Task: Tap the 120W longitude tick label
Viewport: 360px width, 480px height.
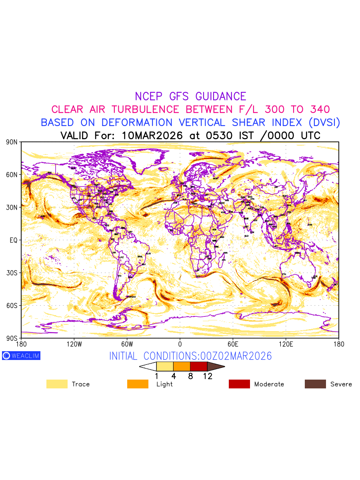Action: [74, 344]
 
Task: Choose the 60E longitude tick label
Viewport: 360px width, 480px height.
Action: [233, 344]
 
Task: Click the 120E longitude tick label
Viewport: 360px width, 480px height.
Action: [286, 344]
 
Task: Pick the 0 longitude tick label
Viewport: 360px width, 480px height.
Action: [180, 344]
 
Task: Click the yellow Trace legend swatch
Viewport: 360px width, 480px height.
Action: [57, 384]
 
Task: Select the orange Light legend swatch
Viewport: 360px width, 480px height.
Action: [138, 384]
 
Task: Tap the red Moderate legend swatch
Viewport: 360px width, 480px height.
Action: [239, 384]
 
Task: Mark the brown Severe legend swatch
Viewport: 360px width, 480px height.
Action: [315, 384]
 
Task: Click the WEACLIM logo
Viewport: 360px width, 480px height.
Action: [21, 356]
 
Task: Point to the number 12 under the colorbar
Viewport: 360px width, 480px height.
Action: [207, 376]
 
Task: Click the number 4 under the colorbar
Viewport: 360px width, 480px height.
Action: [174, 376]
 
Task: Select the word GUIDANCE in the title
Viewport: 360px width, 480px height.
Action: [221, 96]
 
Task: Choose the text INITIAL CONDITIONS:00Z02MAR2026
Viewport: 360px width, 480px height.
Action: [190, 356]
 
